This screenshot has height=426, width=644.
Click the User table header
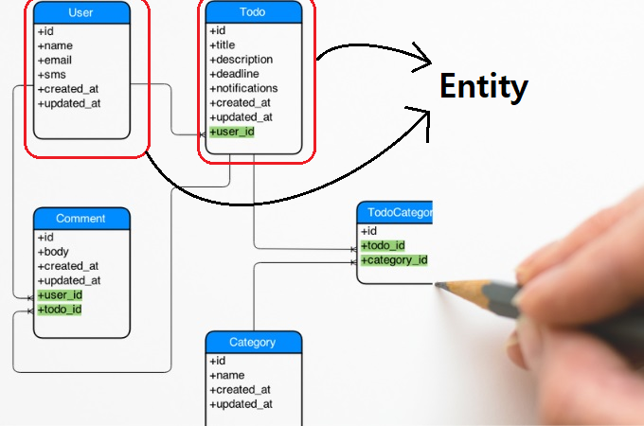81,12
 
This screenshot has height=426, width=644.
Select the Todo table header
254,12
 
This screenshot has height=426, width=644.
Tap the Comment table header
81,219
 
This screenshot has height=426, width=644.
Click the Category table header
254,343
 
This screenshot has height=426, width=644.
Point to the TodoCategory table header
395,212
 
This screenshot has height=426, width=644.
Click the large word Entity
484,86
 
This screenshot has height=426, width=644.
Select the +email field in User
55,61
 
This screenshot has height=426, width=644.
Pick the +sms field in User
52,75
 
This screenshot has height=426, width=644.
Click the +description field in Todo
241,60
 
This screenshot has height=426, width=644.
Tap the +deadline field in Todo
234,74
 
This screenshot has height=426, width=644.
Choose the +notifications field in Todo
243,88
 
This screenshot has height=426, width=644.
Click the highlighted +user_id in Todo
232,132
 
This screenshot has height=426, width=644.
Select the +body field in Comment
53,252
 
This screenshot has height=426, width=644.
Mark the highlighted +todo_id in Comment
60,310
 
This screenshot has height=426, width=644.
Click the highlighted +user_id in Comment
60,295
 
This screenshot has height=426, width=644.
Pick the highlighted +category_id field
394,260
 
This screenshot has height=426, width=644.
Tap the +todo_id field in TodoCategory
383,246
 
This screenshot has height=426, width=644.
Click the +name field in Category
227,375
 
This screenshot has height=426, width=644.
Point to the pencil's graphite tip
438,284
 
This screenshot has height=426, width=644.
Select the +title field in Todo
223,45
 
